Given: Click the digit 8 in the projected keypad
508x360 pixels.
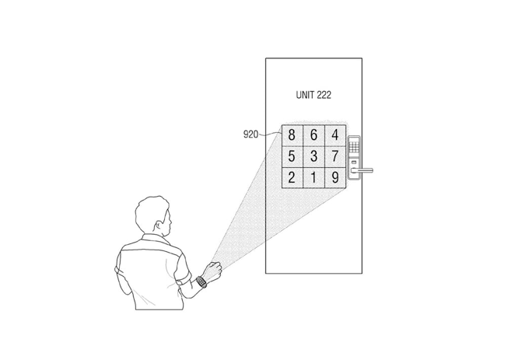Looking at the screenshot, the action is point(292,135).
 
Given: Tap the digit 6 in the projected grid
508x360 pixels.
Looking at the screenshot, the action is point(314,135).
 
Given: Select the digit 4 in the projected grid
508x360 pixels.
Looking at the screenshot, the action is point(335,135).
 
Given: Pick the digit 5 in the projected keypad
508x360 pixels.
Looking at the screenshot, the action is point(292,156).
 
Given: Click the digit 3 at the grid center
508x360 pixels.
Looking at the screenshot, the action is point(314,156).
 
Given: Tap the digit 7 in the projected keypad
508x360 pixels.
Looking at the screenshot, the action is point(335,156).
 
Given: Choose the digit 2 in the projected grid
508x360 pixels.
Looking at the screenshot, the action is point(292,178).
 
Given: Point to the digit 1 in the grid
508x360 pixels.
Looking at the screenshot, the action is point(314,178).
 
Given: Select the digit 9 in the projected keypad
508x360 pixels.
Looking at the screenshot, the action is point(335,178).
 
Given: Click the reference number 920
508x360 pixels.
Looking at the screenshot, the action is point(250,134).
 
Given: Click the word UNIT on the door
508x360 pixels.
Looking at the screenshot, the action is point(305,95).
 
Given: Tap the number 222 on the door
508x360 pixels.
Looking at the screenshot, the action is point(324,95).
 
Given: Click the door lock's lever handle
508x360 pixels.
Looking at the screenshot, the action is point(362,170).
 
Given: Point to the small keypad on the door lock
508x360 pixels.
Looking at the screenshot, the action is point(354,145).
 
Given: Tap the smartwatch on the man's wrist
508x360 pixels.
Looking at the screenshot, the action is point(201,281).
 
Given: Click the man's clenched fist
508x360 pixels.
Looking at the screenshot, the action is point(213,271).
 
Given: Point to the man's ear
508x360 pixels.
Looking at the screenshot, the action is point(159,225).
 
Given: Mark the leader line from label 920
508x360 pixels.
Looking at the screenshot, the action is point(270,134).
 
